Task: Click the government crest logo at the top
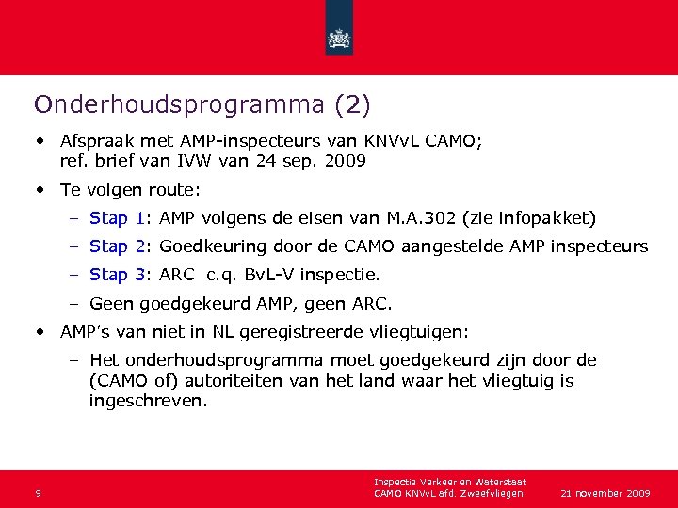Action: pyautogui.click(x=339, y=39)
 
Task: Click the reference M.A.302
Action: pyautogui.click(x=423, y=218)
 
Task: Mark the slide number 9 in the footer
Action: pyautogui.click(x=37, y=493)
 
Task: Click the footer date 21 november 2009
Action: pyautogui.click(x=605, y=493)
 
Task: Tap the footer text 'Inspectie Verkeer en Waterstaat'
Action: pyautogui.click(x=450, y=483)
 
